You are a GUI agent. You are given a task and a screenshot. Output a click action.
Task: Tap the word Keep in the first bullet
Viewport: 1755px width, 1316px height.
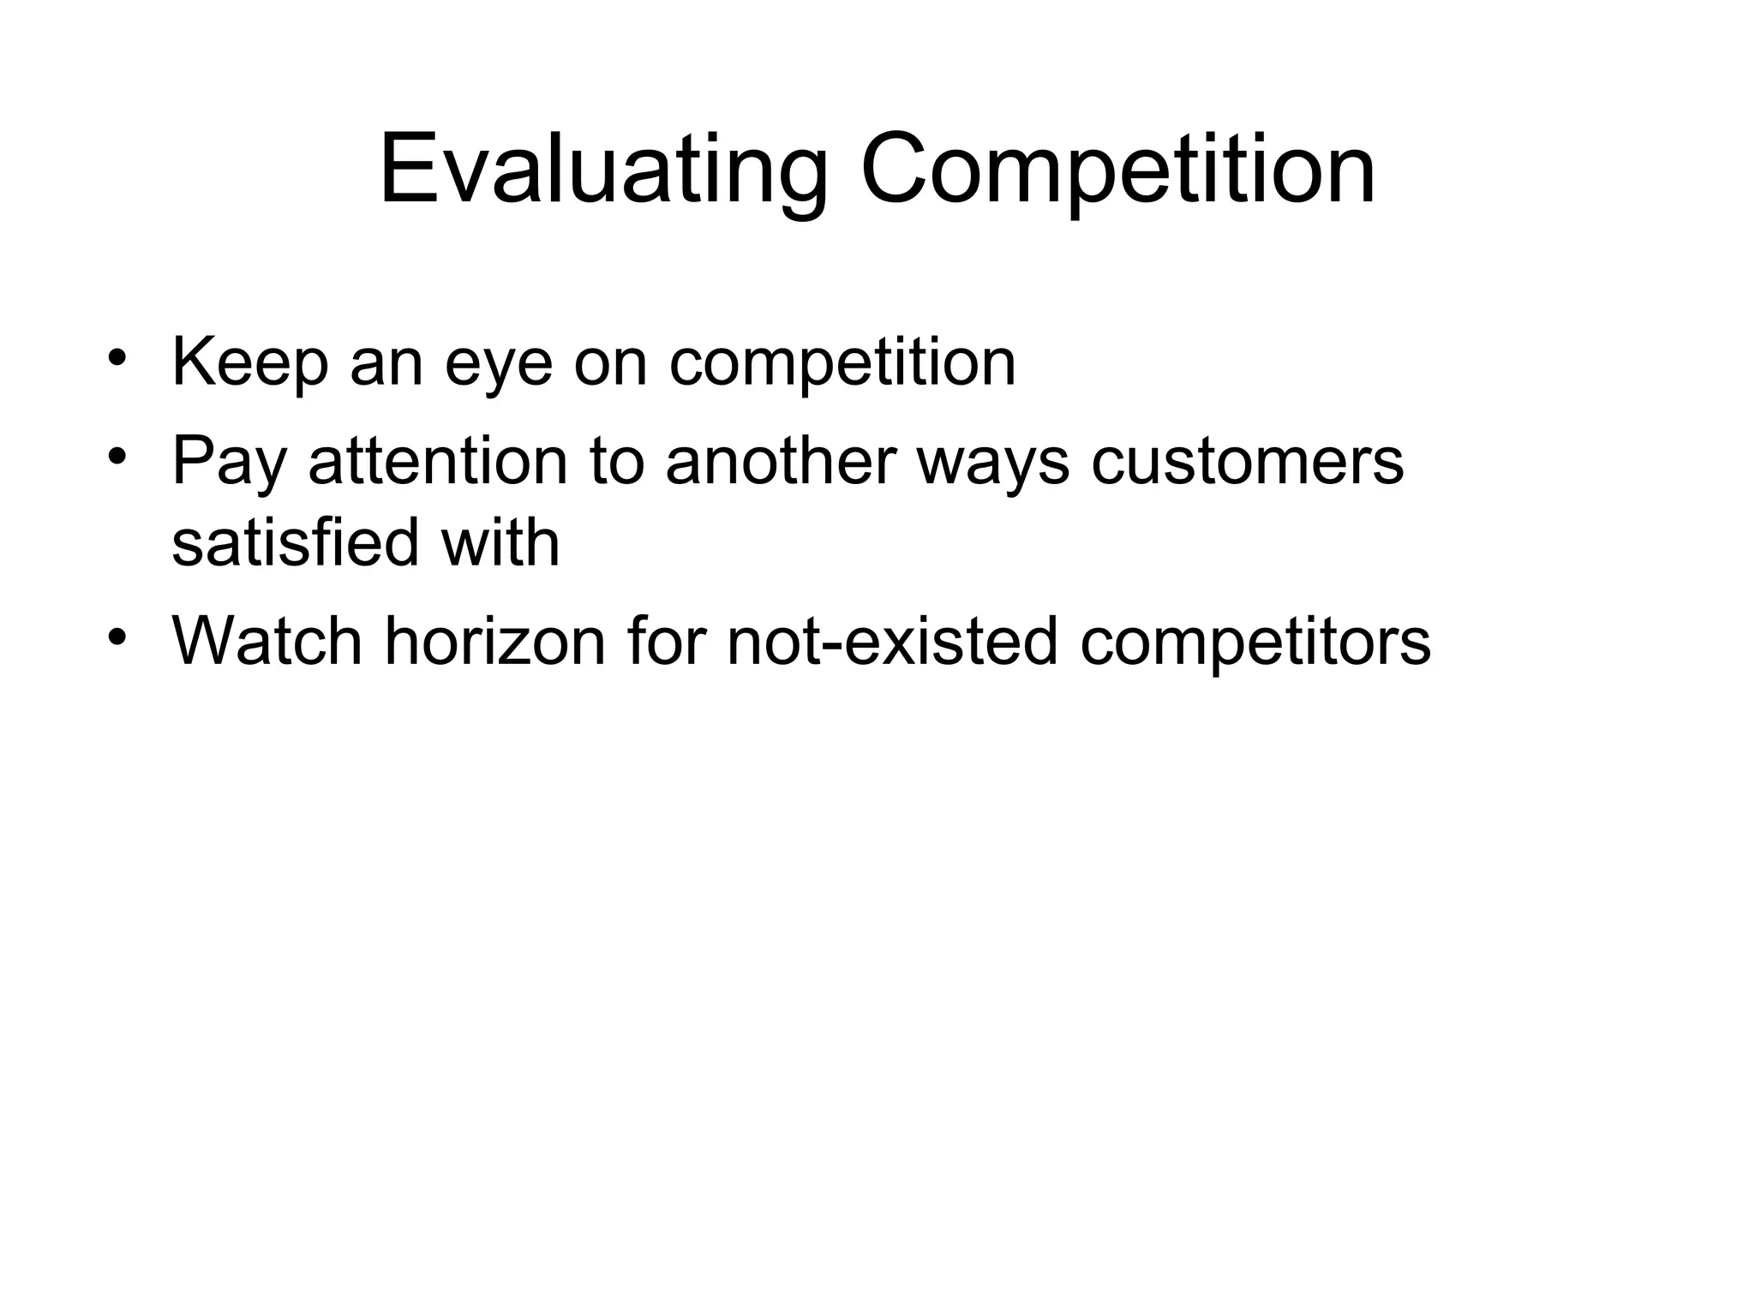click(249, 364)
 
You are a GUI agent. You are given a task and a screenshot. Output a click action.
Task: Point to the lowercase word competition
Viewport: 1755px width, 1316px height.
click(842, 364)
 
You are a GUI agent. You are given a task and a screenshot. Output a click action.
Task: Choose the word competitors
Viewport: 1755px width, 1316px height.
click(1255, 643)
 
